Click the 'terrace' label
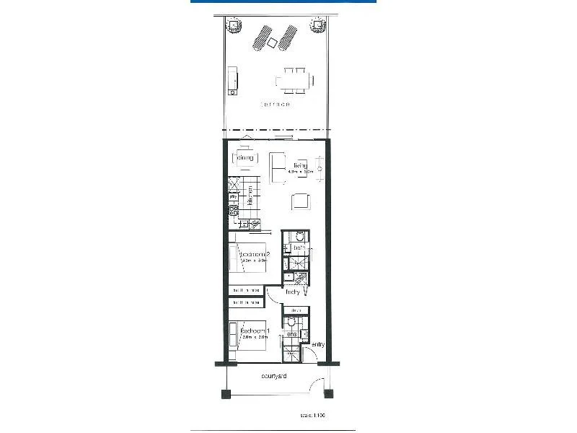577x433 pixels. (x=276, y=105)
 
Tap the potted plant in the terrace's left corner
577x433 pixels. (x=234, y=26)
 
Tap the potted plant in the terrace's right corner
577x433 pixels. (x=316, y=26)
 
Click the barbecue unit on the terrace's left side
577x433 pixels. (x=233, y=79)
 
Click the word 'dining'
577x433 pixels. (x=245, y=157)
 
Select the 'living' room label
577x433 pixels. (x=300, y=166)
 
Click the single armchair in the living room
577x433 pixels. (x=301, y=201)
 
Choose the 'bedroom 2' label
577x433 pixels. (x=255, y=254)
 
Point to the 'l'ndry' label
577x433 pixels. (x=292, y=293)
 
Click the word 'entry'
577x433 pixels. (x=318, y=344)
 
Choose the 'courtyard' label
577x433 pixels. (x=276, y=377)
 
